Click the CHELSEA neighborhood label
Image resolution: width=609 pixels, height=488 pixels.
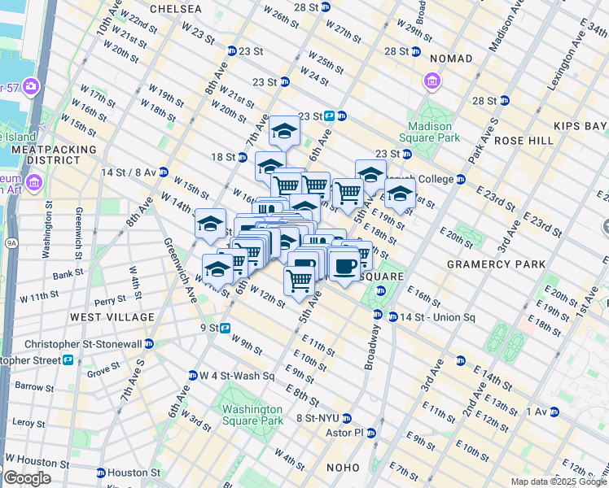173,8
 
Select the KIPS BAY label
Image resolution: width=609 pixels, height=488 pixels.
580,126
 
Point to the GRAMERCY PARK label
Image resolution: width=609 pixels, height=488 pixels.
486,264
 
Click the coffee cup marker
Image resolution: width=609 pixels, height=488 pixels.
344,266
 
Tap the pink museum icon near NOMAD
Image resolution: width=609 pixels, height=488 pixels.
431,81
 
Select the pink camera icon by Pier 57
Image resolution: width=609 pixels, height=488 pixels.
31,85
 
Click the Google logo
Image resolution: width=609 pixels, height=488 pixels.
27,478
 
